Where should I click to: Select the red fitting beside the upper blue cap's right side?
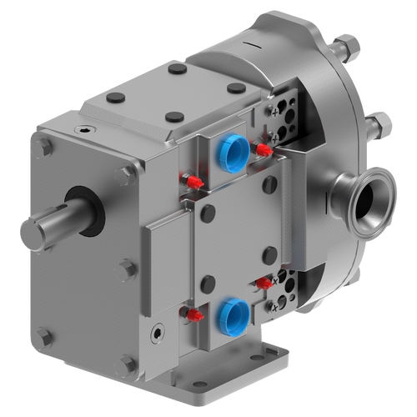263,150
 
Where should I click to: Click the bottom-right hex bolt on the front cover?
128,363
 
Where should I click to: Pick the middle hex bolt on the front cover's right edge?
126,268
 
